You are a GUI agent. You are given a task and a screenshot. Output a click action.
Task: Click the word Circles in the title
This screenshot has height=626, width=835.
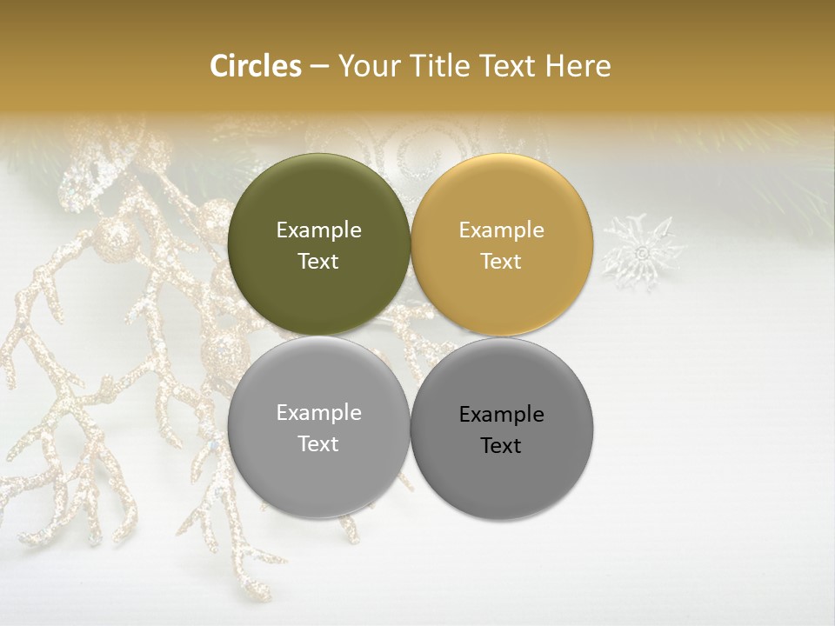point(255,66)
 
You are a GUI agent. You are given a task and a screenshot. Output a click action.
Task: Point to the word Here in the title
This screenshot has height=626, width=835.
point(578,66)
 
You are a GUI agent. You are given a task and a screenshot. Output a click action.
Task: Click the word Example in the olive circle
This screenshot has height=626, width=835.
point(318,230)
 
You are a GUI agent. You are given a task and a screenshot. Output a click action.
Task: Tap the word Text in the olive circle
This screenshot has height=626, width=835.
point(318,261)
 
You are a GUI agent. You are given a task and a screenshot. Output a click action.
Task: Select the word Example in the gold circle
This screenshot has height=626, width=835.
point(501,230)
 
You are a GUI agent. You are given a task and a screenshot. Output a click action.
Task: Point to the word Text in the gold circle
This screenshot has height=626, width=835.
point(501,261)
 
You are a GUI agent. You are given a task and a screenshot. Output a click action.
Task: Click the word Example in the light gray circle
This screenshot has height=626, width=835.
point(318,412)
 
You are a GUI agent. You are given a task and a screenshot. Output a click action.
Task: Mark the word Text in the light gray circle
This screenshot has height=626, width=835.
point(318,443)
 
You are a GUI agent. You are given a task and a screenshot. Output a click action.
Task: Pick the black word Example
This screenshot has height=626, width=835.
point(501,414)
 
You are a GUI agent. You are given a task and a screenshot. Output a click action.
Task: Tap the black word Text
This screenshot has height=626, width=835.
point(501,445)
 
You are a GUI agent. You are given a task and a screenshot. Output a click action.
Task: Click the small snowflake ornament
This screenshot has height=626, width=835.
point(643,251)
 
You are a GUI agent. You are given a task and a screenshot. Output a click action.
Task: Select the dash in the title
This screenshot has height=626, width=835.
point(319,67)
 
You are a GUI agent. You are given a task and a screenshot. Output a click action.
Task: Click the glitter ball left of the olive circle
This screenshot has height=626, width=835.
point(116,237)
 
